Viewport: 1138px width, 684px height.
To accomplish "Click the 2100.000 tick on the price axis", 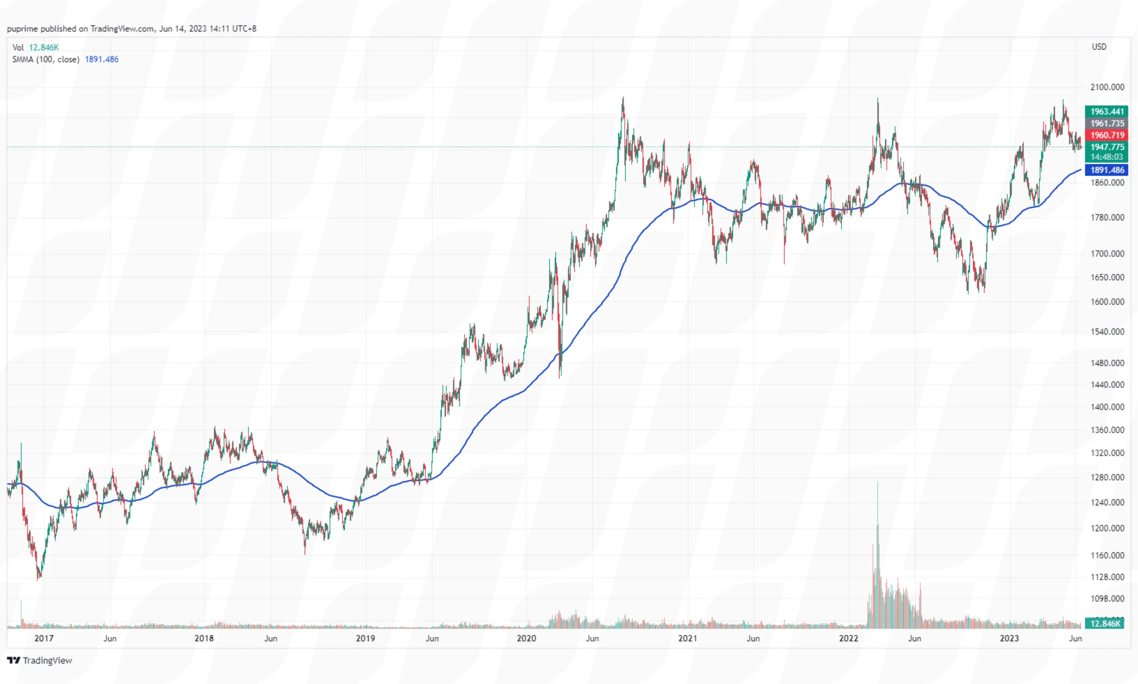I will tap(1106, 87).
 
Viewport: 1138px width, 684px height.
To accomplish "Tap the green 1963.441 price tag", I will tap(1106, 112).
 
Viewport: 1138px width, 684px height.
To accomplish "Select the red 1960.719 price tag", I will tap(1106, 135).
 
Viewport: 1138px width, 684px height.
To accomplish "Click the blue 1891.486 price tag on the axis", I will tap(1106, 170).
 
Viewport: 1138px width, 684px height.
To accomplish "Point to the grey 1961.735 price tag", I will tap(1106, 124).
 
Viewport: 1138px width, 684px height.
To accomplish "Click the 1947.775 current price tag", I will tap(1106, 147).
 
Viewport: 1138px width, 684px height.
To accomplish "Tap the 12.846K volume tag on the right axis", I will tap(1104, 624).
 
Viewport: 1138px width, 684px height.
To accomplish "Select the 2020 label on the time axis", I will tap(526, 638).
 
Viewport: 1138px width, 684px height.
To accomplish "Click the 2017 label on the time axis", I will tap(44, 638).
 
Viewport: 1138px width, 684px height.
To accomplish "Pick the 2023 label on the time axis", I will tap(1009, 638).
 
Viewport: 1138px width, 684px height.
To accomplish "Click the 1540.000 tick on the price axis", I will tap(1106, 332).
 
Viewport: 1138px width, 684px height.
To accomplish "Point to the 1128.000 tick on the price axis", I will tap(1106, 577).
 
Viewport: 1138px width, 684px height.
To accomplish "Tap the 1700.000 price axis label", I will tap(1106, 253).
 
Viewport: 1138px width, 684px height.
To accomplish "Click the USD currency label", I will tap(1099, 47).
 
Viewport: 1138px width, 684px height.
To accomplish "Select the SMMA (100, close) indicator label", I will tap(46, 60).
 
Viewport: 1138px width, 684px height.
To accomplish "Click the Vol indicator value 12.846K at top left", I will tap(44, 48).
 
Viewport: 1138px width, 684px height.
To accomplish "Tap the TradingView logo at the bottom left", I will tap(40, 660).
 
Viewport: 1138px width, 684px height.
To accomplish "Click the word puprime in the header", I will tap(22, 28).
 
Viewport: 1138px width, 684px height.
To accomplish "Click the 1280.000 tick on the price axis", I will tap(1106, 477).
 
